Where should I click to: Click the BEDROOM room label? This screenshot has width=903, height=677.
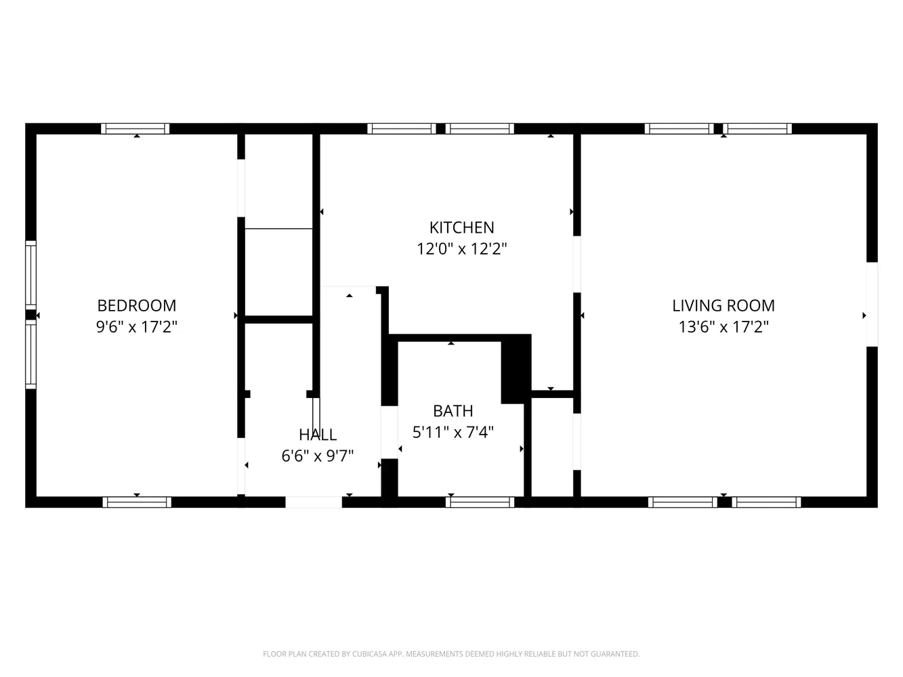pyautogui.click(x=137, y=305)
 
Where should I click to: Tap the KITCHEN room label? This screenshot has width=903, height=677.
pyautogui.click(x=462, y=227)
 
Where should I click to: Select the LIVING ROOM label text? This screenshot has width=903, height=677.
pyautogui.click(x=723, y=305)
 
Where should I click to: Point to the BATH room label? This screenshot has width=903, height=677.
pyautogui.click(x=453, y=411)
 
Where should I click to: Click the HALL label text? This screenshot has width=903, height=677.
pyautogui.click(x=318, y=435)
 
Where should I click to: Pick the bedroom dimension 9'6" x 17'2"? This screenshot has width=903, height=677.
pyautogui.click(x=137, y=327)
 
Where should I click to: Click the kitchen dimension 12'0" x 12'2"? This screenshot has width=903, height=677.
pyautogui.click(x=462, y=249)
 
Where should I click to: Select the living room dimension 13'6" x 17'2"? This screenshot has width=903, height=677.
pyautogui.click(x=723, y=327)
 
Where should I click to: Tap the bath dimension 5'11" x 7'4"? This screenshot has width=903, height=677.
pyautogui.click(x=453, y=432)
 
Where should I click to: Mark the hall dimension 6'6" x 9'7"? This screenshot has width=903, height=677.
pyautogui.click(x=318, y=456)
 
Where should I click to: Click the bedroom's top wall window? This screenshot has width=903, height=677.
pyautogui.click(x=135, y=129)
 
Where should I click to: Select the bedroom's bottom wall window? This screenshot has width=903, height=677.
pyautogui.click(x=137, y=502)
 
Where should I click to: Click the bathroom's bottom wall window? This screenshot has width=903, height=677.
pyautogui.click(x=480, y=502)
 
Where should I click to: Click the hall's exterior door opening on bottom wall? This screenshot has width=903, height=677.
pyautogui.click(x=314, y=502)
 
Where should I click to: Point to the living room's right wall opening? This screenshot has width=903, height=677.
pyautogui.click(x=872, y=304)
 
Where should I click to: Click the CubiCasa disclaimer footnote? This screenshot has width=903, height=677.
pyautogui.click(x=451, y=654)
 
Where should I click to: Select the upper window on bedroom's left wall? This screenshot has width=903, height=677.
pyautogui.click(x=30, y=275)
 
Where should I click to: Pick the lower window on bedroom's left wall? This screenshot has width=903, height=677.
pyautogui.click(x=30, y=354)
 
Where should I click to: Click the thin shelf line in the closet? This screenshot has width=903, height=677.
pyautogui.click(x=278, y=229)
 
